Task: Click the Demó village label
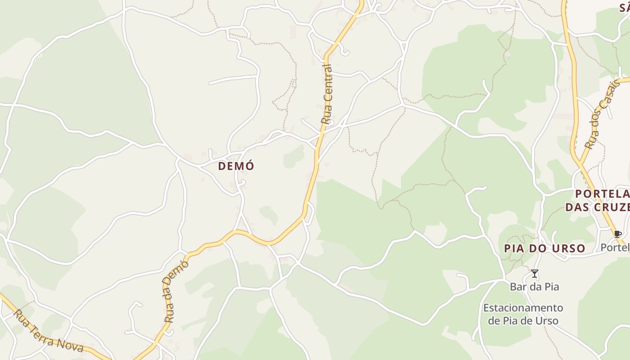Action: coord(236,166)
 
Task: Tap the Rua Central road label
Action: coord(327,94)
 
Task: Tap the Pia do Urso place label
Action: coord(544,248)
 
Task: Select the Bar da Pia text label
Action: coord(534,287)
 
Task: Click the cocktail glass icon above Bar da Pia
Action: coord(534,274)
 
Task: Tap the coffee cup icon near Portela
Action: coord(617,234)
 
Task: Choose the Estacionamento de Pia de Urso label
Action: coord(523,314)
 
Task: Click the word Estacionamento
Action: coord(523,308)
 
